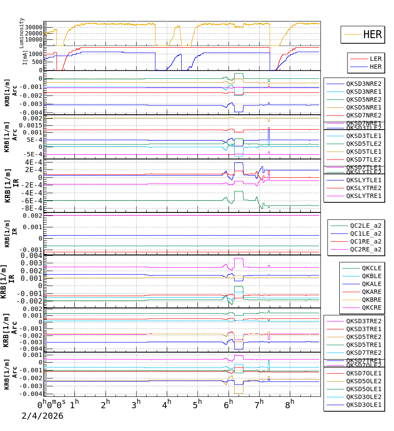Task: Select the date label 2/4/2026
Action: (x=42, y=416)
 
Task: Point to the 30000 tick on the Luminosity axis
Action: (x=33, y=27)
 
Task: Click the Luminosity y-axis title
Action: (x=22, y=33)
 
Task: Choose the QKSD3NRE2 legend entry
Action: (x=363, y=84)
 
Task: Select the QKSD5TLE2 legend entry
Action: (x=363, y=144)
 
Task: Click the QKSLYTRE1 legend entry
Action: (x=363, y=196)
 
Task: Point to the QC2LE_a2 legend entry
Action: (x=365, y=226)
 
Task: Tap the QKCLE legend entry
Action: (x=371, y=268)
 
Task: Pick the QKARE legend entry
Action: (x=371, y=292)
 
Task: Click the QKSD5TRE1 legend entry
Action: (x=363, y=345)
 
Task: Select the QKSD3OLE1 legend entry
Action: (x=363, y=405)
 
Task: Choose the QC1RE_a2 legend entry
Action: (x=365, y=241)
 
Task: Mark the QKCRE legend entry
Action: (x=371, y=307)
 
